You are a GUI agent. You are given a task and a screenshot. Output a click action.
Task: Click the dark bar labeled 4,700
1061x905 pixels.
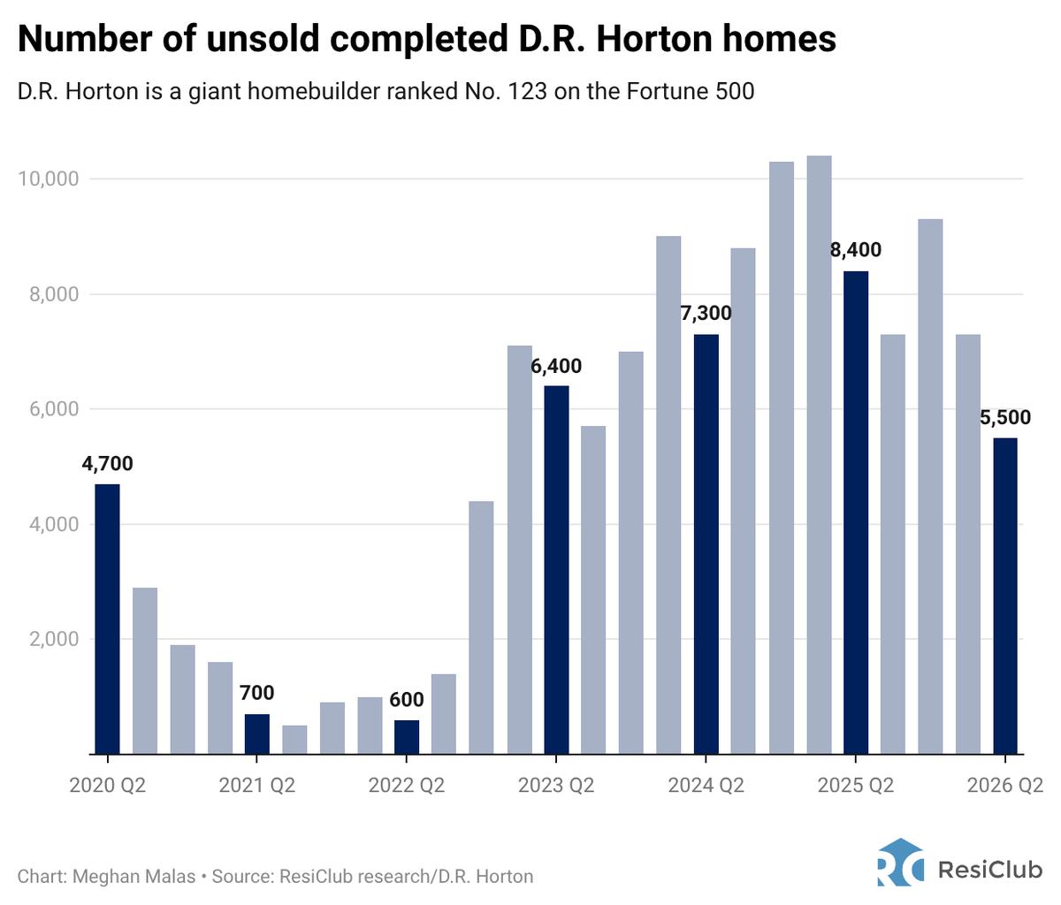107,619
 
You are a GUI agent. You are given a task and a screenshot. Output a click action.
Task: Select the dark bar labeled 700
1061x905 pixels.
256,734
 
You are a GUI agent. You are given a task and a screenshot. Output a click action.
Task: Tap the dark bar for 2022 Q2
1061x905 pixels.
406,736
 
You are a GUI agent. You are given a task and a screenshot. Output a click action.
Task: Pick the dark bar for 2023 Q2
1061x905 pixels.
555,570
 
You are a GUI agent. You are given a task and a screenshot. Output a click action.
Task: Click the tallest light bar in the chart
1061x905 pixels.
819,455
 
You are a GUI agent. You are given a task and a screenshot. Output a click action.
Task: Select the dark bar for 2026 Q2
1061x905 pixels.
1004,597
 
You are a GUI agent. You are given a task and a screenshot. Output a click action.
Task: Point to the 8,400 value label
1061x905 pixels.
855,250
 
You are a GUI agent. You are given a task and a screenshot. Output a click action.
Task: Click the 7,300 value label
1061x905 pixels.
706,313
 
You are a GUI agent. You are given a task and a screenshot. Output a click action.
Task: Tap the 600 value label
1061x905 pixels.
406,699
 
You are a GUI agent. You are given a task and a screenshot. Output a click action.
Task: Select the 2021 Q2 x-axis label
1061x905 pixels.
256,785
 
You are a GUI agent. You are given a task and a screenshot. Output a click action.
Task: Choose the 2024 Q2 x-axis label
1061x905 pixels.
706,785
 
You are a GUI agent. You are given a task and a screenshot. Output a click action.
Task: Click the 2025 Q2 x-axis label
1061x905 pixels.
855,785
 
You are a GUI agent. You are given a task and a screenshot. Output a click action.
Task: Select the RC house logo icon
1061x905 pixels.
900,862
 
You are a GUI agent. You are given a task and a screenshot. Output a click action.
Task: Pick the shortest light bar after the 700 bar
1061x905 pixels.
294,740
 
